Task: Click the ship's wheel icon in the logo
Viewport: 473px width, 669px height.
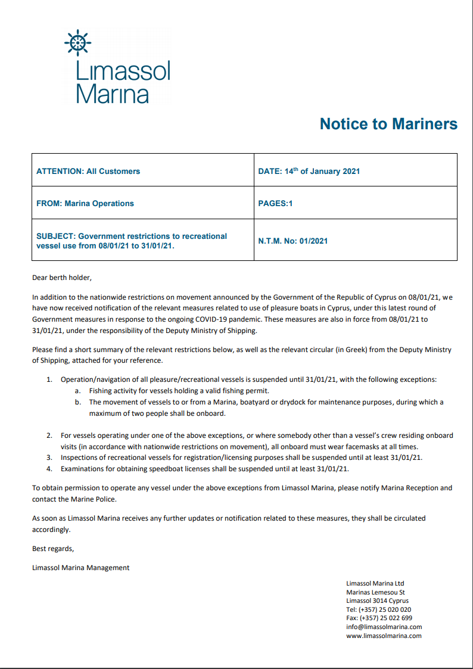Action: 76,43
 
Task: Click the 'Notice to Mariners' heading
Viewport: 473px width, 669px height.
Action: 388,124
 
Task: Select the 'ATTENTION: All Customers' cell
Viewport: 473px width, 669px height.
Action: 88,171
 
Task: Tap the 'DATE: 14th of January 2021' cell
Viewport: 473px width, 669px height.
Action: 309,171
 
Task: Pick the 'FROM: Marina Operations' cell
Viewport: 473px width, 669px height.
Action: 85,203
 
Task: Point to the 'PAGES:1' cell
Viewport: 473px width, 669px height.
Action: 275,203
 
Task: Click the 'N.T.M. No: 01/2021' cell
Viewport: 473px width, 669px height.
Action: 293,241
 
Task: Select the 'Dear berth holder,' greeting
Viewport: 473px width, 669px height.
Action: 62,277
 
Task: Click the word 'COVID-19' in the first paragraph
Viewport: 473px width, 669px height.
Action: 219,319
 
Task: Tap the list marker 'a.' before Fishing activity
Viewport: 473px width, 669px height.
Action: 77,391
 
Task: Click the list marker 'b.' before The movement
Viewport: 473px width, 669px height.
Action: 77,402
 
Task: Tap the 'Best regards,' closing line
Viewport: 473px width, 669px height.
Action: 53,548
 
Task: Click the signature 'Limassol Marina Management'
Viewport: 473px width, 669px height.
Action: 80,568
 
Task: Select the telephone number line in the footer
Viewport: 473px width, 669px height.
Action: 378,609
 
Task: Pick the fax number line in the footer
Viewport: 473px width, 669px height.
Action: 379,618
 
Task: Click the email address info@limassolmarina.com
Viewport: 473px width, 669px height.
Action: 384,627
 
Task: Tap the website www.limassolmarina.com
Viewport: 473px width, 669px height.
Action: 384,636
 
